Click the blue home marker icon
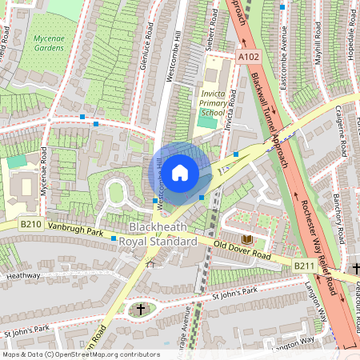tap(180, 172)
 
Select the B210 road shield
tap(31, 225)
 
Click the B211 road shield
tap(303, 266)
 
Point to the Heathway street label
tap(22, 275)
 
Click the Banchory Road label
tap(338, 206)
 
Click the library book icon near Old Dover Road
tap(246, 239)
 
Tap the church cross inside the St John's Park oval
tap(141, 309)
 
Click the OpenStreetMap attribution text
tap(80, 354)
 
